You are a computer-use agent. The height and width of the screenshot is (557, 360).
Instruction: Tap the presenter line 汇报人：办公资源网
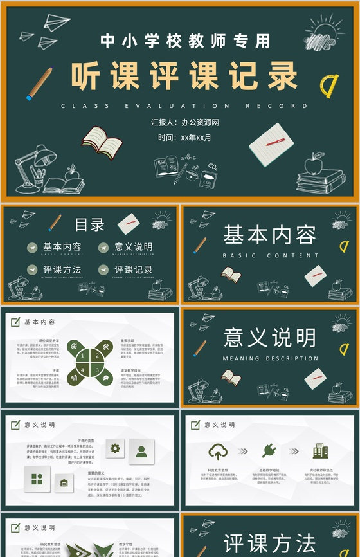point(185,122)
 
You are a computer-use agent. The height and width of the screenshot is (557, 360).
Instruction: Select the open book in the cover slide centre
point(103,140)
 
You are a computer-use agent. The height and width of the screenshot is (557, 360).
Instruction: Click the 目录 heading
point(89,224)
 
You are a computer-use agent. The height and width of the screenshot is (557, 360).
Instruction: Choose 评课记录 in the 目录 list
point(133,270)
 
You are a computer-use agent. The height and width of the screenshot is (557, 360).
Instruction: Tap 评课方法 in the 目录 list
point(62,270)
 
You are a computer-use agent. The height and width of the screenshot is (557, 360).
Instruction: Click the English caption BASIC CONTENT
point(270,256)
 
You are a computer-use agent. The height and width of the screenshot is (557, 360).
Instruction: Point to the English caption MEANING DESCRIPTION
point(270,359)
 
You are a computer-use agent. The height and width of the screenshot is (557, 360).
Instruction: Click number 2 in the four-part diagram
point(98,354)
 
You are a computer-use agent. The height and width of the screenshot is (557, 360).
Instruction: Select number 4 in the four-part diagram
point(82,370)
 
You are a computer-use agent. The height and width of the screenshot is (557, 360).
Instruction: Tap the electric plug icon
point(269,450)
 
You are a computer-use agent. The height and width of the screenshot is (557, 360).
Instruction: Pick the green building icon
point(319,450)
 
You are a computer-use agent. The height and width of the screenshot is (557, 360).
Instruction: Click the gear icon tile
point(116,449)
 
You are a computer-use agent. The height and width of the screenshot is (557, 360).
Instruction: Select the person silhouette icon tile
point(141,451)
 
